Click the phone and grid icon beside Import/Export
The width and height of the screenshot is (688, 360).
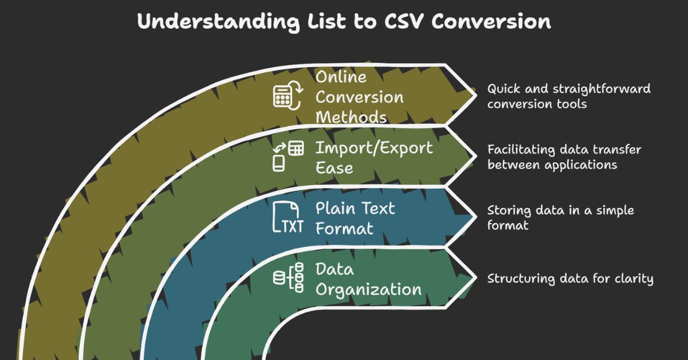tap(287, 155)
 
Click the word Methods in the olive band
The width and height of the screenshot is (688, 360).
tap(351, 117)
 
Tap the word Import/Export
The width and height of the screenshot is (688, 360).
tap(374, 148)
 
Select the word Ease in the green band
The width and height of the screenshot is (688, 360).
tap(334, 169)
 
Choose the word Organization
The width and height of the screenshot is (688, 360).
tap(369, 289)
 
